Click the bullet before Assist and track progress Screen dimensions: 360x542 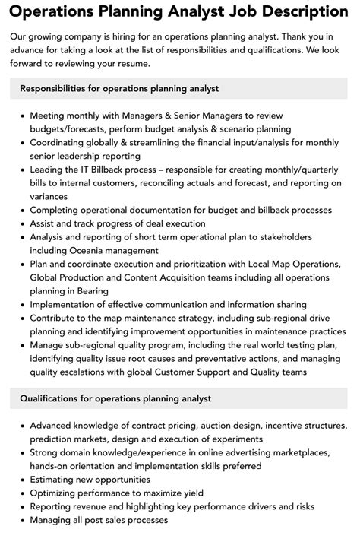(21, 223)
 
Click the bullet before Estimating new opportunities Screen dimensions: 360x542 (21, 480)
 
